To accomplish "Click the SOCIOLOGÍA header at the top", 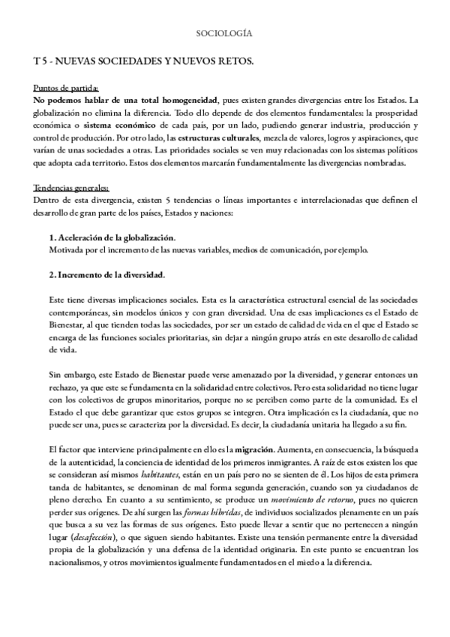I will [223, 34].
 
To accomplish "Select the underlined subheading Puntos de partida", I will [65, 88].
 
